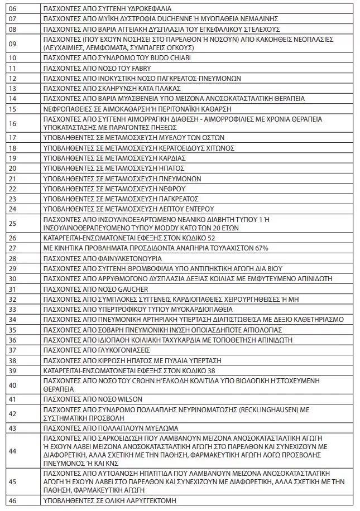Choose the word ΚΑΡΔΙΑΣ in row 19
[x=173, y=158]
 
